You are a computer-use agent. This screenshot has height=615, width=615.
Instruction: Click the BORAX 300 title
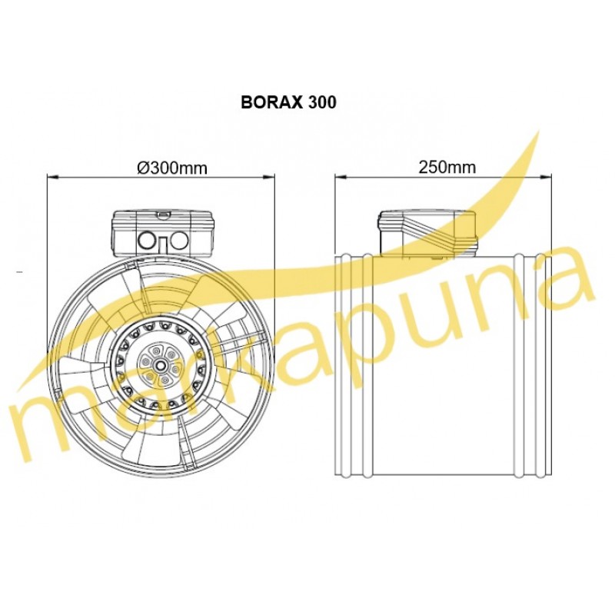click(288, 102)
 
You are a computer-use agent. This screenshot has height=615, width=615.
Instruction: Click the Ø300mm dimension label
click(171, 168)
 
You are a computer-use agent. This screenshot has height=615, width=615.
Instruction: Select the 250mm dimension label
click(447, 168)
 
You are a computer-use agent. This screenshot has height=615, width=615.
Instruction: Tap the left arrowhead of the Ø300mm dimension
click(52, 178)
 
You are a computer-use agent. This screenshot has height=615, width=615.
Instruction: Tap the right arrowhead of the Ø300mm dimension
click(269, 178)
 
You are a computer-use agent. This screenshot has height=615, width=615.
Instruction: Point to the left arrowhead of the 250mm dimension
click(341, 178)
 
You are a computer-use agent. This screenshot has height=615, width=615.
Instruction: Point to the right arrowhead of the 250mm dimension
click(547, 178)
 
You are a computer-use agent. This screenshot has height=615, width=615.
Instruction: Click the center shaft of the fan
click(161, 364)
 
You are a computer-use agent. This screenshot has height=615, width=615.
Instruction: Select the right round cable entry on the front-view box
click(179, 241)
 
